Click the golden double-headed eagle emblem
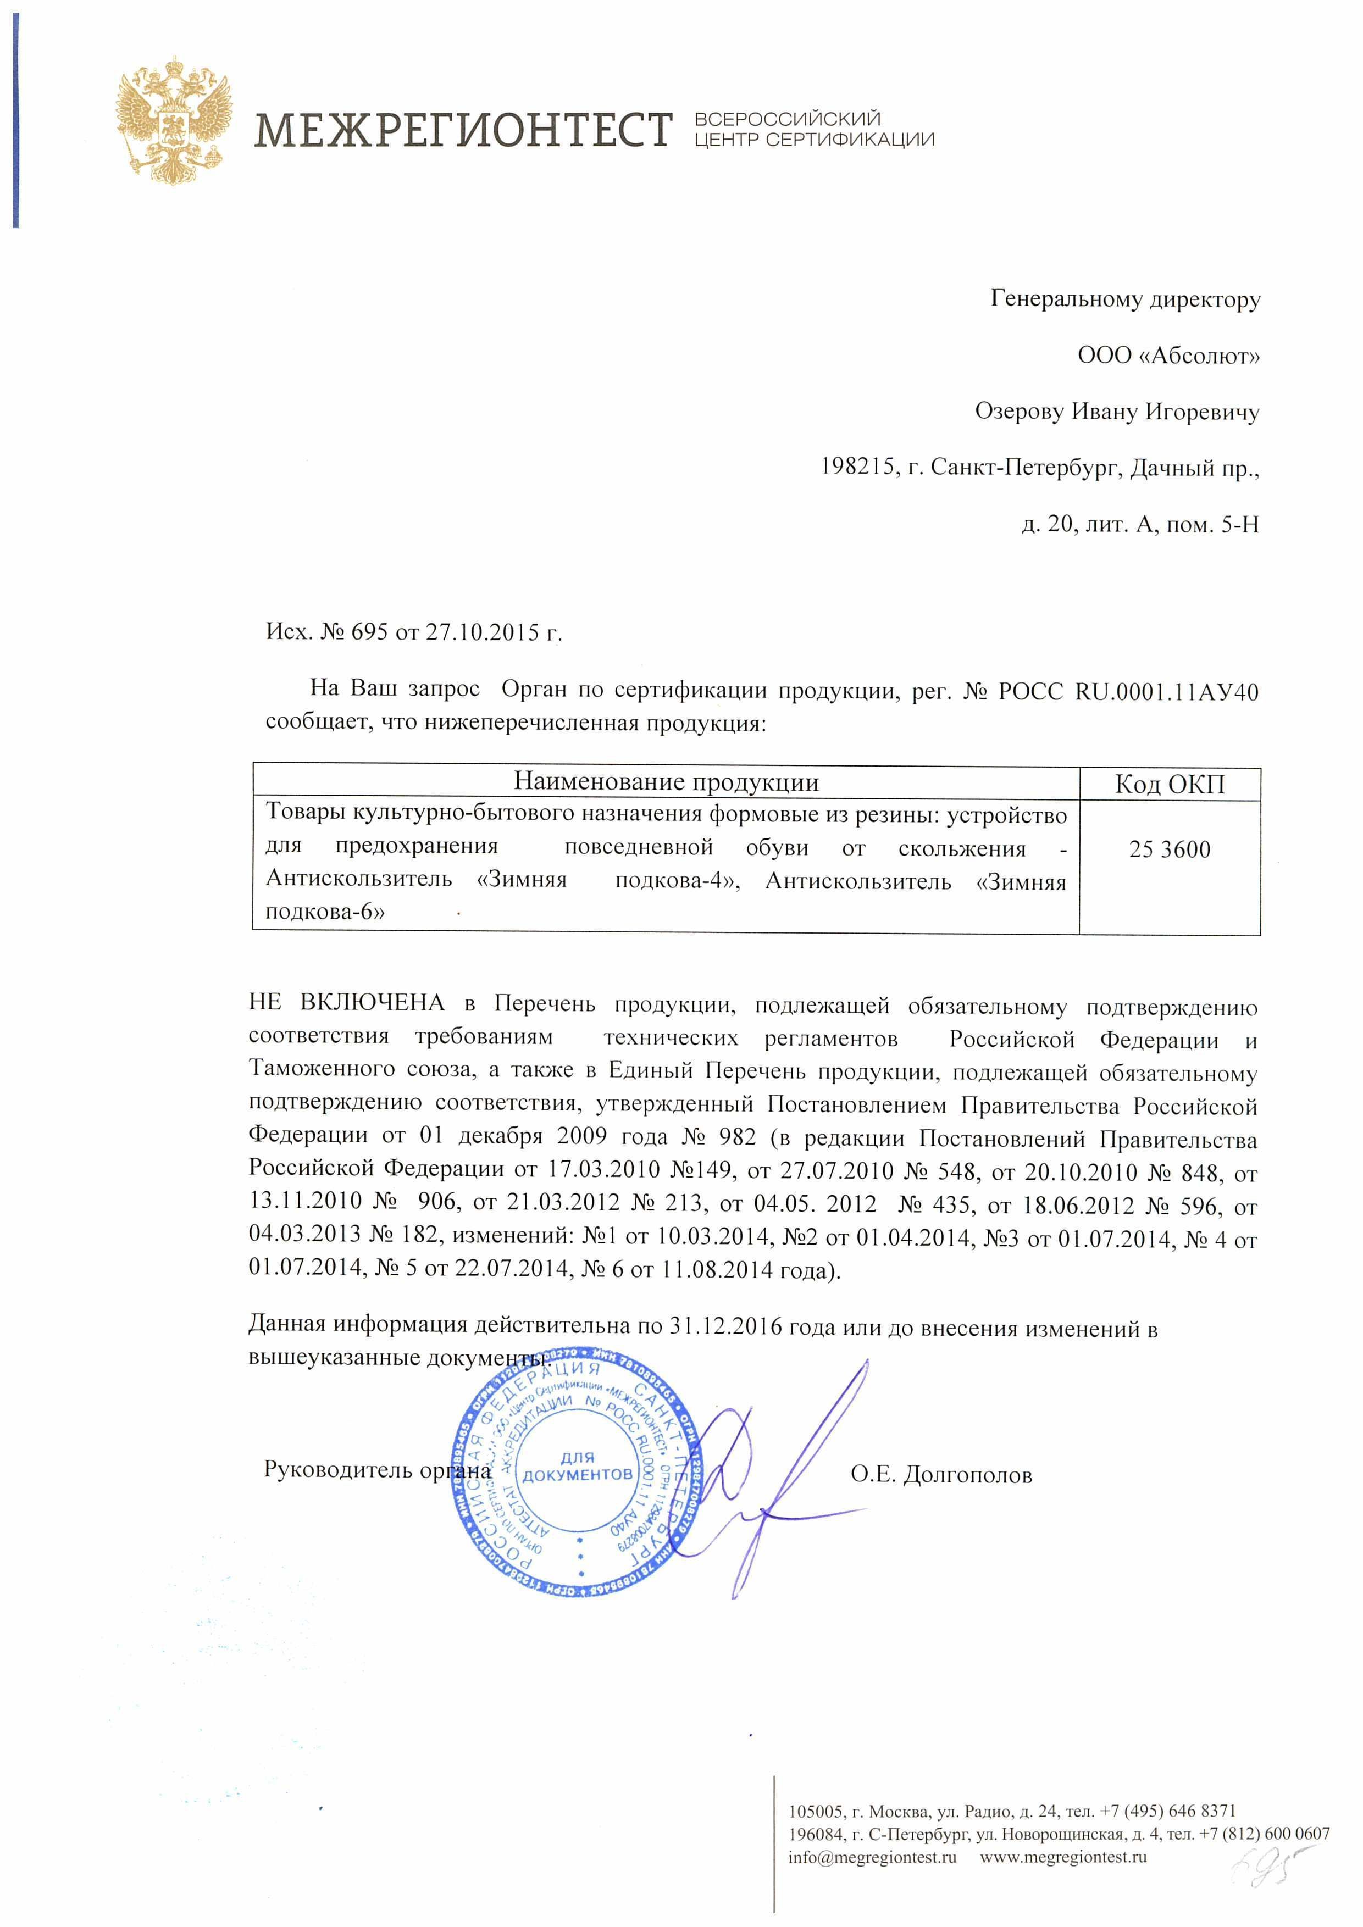tap(173, 126)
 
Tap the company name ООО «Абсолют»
tap(1168, 356)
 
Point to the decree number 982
tap(737, 1137)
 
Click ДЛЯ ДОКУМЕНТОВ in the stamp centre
tap(578, 1466)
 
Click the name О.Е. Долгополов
tap(941, 1475)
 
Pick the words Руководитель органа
tap(377, 1470)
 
